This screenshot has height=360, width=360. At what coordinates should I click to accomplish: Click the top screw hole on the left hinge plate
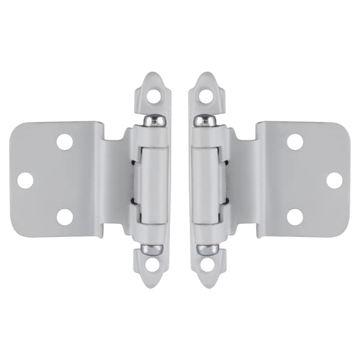(x=64, y=142)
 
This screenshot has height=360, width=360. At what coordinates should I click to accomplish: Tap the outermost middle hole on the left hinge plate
(x=25, y=179)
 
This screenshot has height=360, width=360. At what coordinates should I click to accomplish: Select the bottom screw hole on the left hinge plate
(x=64, y=217)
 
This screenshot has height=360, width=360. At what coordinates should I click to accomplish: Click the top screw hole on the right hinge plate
(x=295, y=142)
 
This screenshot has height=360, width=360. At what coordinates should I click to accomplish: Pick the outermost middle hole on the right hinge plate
(x=334, y=179)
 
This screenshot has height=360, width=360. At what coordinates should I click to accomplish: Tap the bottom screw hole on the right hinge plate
(x=295, y=217)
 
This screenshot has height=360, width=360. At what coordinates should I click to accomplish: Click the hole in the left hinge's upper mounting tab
(x=154, y=95)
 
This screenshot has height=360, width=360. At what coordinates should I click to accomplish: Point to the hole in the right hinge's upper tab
(x=205, y=95)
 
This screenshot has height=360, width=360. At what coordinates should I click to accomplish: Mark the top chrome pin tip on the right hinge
(x=205, y=120)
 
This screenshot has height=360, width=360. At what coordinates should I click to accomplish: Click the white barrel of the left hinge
(x=151, y=183)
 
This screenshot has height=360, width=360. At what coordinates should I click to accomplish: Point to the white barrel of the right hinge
(x=208, y=183)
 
